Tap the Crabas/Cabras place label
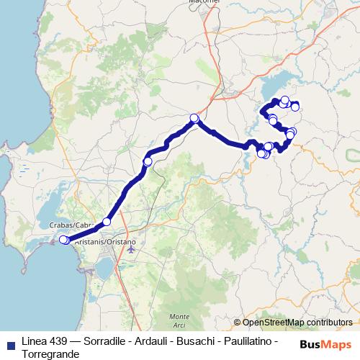(x=71, y=225)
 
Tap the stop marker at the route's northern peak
(x=194, y=118)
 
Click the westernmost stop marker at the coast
(x=63, y=240)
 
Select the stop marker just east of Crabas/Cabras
(x=107, y=222)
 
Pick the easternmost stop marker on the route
(x=295, y=107)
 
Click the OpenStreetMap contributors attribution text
(x=297, y=323)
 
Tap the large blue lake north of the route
(x=288, y=85)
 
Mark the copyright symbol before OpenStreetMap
(x=238, y=323)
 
